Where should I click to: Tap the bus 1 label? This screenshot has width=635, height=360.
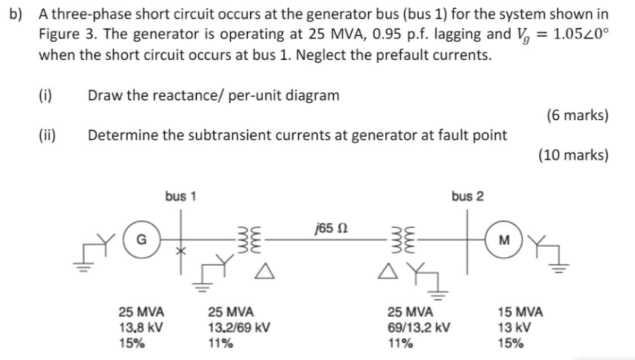tap(181, 196)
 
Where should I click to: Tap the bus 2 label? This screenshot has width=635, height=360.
tap(467, 196)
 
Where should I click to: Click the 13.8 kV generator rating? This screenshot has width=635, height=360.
tap(141, 327)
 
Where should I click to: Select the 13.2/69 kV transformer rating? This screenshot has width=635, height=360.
tap(240, 327)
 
